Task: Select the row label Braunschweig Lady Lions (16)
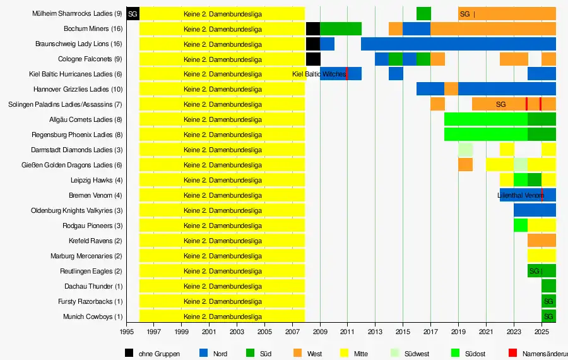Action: (x=79, y=44)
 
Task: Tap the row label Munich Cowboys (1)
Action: (x=92, y=317)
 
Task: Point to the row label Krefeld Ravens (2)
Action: (x=95, y=241)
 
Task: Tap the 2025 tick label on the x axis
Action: (x=541, y=331)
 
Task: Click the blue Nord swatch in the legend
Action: (x=203, y=353)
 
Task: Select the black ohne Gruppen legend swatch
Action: (x=129, y=353)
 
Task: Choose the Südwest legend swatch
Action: (x=395, y=353)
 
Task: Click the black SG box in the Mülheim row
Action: (x=133, y=14)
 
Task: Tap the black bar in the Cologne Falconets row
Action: (x=313, y=59)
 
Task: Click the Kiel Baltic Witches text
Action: (x=319, y=75)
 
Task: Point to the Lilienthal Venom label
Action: (x=520, y=196)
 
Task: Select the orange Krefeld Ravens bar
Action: (x=541, y=241)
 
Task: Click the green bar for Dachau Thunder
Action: (x=548, y=287)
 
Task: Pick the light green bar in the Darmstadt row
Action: (x=466, y=150)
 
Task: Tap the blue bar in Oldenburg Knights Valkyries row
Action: (x=535, y=211)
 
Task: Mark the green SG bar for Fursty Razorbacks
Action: (x=548, y=302)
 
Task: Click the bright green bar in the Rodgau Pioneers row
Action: (x=521, y=226)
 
